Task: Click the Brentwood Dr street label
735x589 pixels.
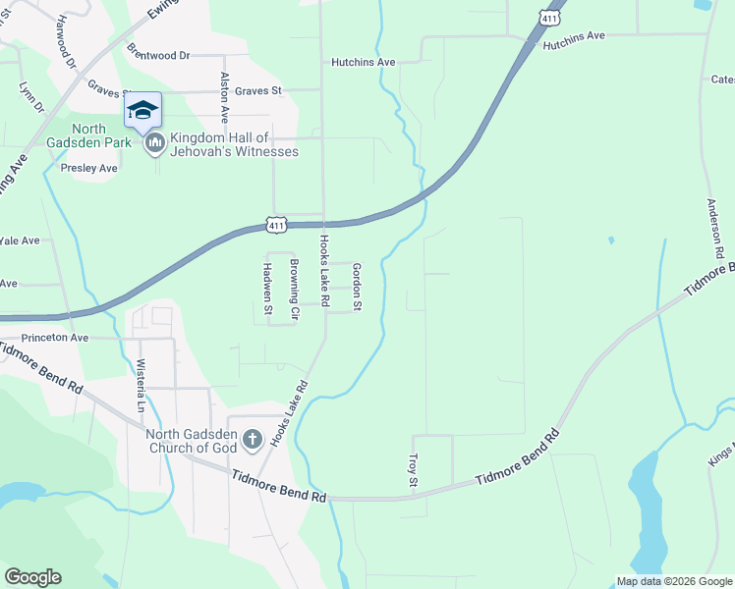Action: tap(157, 56)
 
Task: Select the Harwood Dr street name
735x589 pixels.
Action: tap(67, 40)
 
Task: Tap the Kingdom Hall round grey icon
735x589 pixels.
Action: tap(154, 144)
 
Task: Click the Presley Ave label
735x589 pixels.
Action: tap(89, 168)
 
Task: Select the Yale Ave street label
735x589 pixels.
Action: tap(20, 241)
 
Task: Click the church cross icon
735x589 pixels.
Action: tap(252, 439)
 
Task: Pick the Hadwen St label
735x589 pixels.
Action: tap(266, 287)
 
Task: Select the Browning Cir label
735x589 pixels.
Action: tap(293, 289)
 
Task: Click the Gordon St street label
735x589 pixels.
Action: tap(357, 289)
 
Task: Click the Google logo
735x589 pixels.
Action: tap(33, 577)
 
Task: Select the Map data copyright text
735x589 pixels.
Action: tap(674, 581)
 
